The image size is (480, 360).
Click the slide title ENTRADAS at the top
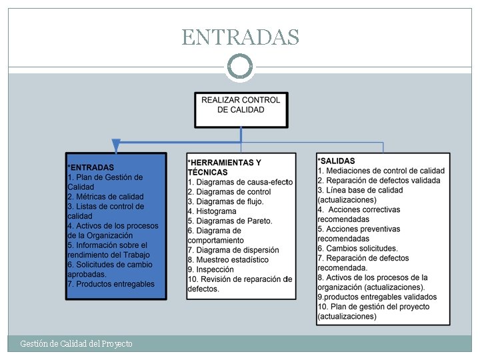[240, 37]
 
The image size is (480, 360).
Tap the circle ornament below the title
[240, 67]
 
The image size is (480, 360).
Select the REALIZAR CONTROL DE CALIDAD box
[241, 109]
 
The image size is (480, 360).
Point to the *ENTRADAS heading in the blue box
[91, 167]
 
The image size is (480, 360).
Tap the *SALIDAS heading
[337, 161]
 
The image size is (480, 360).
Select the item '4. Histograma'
[212, 211]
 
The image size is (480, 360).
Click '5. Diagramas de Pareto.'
[230, 221]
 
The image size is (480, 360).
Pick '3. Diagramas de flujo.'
[226, 201]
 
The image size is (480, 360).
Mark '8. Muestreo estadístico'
[229, 260]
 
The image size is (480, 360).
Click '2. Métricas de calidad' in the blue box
[106, 197]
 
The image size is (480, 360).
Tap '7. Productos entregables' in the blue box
[111, 284]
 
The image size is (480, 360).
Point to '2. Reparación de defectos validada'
[379, 180]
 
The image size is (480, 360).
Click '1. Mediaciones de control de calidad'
[381, 171]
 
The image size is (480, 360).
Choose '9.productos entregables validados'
[377, 297]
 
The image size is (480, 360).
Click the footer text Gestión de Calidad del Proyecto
[77, 343]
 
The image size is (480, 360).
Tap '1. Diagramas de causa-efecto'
[240, 182]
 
